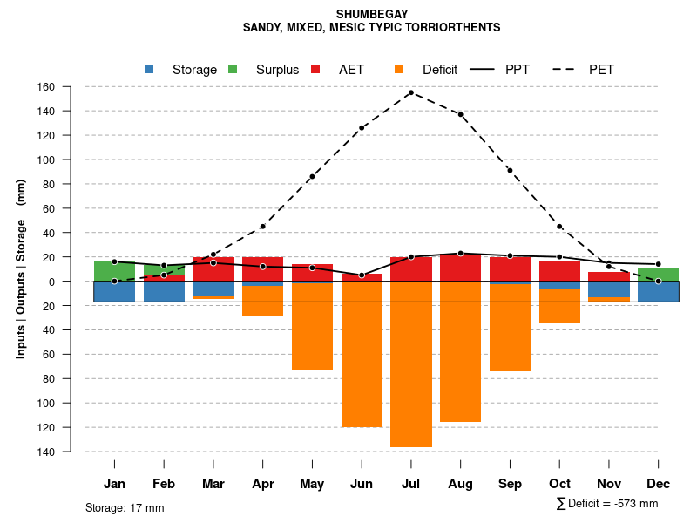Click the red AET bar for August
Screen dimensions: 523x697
coord(461,268)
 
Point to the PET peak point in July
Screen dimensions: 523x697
coord(410,92)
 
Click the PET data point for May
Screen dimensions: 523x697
coord(312,177)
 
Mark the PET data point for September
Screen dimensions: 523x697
coord(510,170)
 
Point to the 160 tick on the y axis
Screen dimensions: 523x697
coord(70,87)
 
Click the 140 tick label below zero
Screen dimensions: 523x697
coord(70,452)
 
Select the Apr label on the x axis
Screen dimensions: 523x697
coord(263,484)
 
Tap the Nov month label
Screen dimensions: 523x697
coord(609,484)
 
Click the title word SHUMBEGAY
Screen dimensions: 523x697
coord(371,15)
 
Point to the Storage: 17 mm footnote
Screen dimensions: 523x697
coord(125,507)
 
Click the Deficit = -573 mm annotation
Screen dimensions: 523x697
coord(607,504)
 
